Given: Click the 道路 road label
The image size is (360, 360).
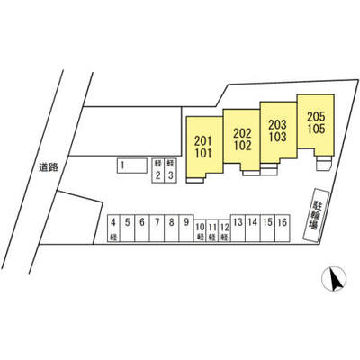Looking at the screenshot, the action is coord(49,167).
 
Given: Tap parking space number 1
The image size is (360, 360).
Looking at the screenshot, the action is coord(132,166).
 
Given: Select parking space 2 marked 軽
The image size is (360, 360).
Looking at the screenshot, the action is coord(157,171).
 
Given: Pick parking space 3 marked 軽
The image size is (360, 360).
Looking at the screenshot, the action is coord(170,171).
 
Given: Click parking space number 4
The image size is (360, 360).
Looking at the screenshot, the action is coord(113,229).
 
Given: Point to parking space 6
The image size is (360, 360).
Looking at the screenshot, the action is coord(142,229).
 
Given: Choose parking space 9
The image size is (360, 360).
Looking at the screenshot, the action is coord(186,229).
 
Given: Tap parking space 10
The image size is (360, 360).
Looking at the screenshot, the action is coord(200,231).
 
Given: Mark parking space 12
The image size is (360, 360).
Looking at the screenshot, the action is coord(224,231).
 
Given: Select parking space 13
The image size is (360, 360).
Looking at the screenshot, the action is coord(238,229).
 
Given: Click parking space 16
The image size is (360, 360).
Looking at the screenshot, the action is coord(283,229).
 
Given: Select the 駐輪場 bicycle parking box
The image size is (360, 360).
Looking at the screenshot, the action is coord(316,215).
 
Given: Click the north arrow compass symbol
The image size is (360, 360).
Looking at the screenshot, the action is coord(334,279).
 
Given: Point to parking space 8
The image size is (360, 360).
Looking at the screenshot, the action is coord(172,229).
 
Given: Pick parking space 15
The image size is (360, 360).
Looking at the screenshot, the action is coord(267,229).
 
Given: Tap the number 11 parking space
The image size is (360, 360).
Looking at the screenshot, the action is coord(212,231).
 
